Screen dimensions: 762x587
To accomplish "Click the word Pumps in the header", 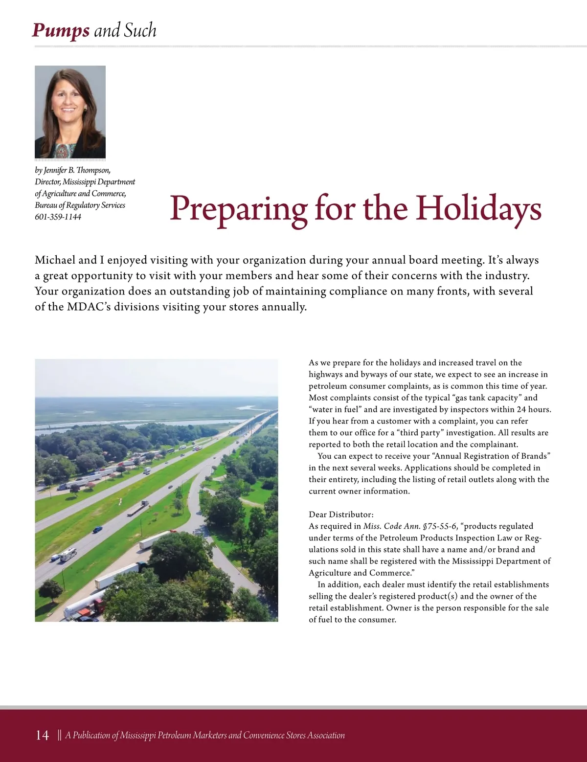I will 61,31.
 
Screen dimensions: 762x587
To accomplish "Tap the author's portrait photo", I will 70,112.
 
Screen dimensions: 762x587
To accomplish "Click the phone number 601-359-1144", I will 58,217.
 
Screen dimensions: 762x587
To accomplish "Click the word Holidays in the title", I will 478,208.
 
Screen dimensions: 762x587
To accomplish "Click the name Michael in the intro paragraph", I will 55,260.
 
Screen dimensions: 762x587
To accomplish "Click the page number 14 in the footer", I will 42,735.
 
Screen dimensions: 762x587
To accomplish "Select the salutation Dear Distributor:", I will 341,515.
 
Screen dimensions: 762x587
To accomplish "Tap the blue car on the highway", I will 98,529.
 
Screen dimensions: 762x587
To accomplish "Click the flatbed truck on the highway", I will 138,508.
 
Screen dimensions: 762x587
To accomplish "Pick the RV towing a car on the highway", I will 65,555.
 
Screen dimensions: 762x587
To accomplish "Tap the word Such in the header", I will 140,31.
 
